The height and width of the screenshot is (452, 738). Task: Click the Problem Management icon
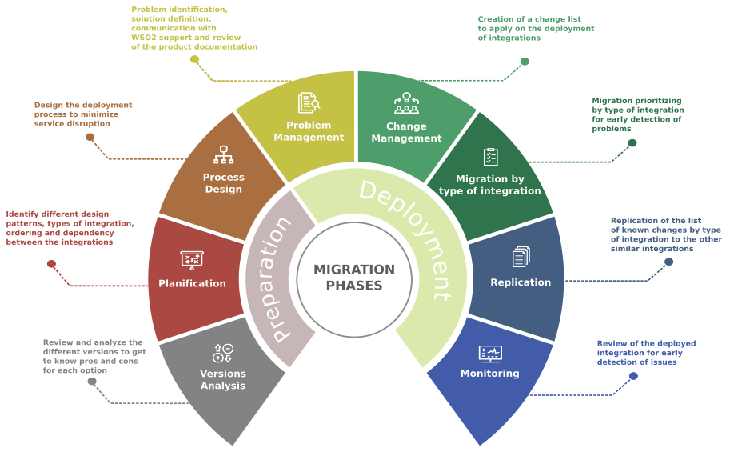point(309,102)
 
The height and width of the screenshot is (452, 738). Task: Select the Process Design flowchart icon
point(223,154)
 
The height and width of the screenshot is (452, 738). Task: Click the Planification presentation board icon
point(192,259)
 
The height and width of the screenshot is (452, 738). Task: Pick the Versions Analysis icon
point(223,353)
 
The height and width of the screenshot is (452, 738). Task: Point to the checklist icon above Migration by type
point(490,157)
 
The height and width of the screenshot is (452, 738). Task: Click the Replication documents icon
point(521,257)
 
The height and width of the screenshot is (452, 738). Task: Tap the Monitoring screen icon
point(490,353)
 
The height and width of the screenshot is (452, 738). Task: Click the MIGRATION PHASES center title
point(354,278)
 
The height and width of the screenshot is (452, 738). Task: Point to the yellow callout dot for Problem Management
point(194,59)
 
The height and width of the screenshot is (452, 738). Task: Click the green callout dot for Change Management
point(525,62)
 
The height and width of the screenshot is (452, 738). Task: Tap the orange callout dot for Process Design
point(90,137)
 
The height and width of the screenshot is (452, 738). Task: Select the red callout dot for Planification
point(51,264)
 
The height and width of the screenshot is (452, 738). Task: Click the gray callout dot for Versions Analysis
point(92,382)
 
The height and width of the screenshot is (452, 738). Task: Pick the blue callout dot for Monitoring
point(633,376)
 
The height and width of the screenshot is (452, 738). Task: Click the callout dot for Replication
point(669,262)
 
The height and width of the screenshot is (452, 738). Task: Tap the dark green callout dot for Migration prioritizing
point(632,143)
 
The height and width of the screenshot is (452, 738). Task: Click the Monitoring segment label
point(490,374)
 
